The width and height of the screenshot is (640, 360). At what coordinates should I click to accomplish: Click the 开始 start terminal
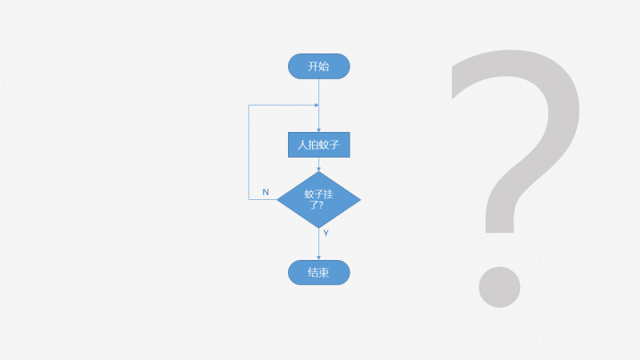pos(318,66)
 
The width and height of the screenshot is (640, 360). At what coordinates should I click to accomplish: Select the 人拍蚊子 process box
pos(319,146)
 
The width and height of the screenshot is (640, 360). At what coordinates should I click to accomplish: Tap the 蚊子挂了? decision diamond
pos(319,199)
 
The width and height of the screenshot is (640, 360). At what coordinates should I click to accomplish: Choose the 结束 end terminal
pos(318,273)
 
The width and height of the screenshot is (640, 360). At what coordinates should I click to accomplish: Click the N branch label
pos(266,193)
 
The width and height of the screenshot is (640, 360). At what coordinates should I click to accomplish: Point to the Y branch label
pos(326,233)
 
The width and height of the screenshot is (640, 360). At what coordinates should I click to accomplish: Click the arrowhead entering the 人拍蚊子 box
pos(319,130)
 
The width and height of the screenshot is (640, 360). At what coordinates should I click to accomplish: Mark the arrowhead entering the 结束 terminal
pos(319,258)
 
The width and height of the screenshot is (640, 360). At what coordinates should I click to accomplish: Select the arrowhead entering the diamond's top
pos(319,169)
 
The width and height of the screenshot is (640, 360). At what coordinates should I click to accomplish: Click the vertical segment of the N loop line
pos(250,152)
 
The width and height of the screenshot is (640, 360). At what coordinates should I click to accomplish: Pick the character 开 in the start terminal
pos(313,66)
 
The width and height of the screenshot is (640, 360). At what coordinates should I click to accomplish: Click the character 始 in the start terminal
pos(324,66)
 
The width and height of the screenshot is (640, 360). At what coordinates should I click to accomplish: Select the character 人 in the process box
pos(302,146)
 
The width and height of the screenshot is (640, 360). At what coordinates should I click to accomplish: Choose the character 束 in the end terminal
pos(324,273)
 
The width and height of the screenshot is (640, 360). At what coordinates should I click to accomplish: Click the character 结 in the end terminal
pos(313,273)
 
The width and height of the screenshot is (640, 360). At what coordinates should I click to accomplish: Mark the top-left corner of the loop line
pos(250,105)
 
